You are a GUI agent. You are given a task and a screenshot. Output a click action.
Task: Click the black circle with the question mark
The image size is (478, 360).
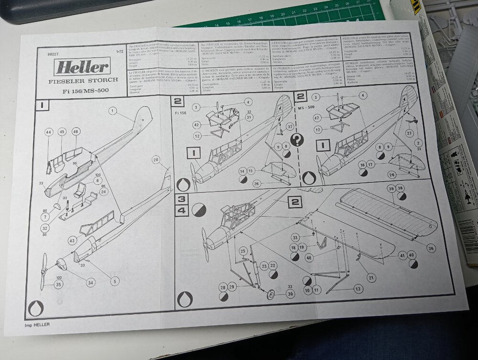pyautogui.click(x=297, y=140)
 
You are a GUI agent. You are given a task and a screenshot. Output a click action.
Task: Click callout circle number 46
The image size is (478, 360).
pyautogui.click(x=76, y=131)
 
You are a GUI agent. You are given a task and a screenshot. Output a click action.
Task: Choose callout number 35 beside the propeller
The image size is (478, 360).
pyautogui.click(x=58, y=284)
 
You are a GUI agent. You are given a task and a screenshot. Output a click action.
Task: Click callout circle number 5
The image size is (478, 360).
pyautogui.click(x=114, y=282)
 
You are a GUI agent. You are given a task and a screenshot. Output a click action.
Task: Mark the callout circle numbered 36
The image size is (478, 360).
pyautogui.click(x=432, y=248)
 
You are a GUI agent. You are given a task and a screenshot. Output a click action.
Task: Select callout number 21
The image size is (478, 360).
pyautogui.click(x=371, y=277)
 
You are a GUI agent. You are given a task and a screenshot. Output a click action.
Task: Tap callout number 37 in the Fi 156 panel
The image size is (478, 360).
pyautogui.click(x=290, y=126)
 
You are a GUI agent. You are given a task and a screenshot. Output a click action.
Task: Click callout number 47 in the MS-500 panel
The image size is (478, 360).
pyautogui.click(x=316, y=117)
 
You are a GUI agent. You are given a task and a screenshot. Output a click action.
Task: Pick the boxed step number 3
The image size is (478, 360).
pyautogui.click(x=181, y=199)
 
